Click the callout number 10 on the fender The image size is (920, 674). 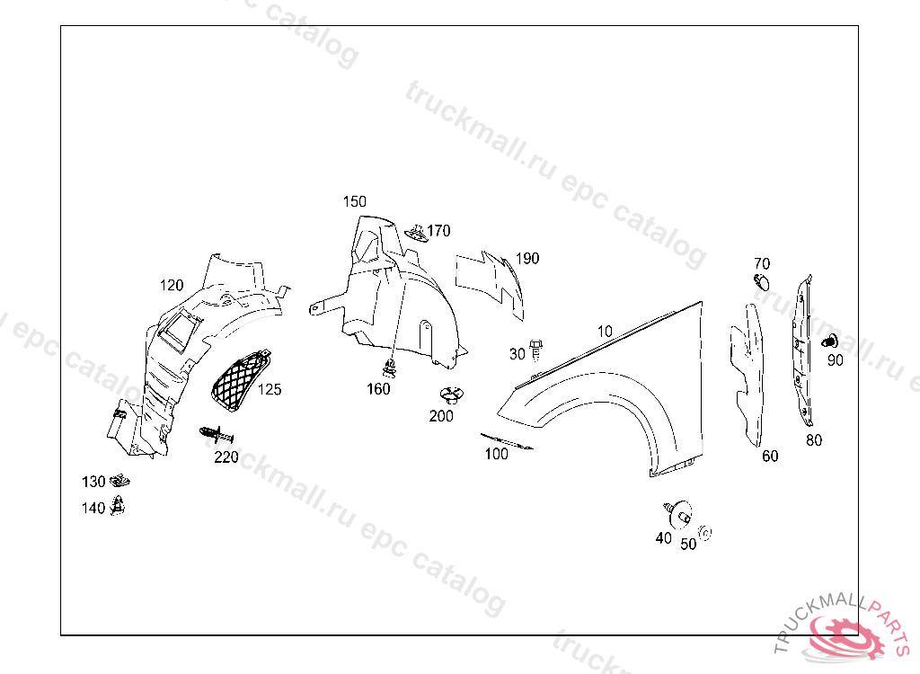605,332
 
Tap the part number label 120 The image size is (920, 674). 172,286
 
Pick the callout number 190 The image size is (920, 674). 527,259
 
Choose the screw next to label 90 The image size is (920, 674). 830,341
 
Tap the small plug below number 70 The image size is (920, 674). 761,282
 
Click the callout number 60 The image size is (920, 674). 770,457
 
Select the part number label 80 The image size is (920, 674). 814,440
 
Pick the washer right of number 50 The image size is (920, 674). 705,534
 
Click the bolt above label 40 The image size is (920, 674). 677,511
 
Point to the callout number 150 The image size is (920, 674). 355,201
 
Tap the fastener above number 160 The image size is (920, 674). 390,367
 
